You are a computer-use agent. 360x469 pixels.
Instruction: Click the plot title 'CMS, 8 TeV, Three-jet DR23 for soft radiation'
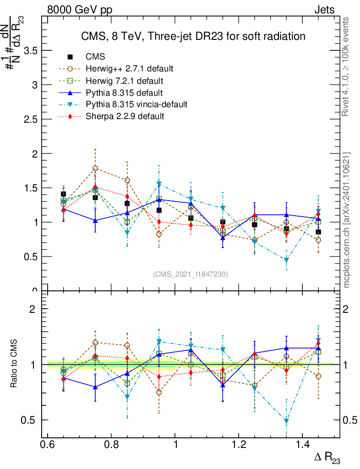tap(193, 36)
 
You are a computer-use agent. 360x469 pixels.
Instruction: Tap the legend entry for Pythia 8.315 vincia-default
tap(136, 104)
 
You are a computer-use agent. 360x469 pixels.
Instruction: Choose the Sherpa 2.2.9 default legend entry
tap(125, 116)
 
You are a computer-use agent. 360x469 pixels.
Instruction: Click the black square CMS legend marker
tap(70, 57)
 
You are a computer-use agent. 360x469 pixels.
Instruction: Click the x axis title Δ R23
tap(327, 458)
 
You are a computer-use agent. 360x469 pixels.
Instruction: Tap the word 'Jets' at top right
tap(324, 10)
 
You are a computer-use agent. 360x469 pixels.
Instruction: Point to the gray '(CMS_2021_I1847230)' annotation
tap(191, 274)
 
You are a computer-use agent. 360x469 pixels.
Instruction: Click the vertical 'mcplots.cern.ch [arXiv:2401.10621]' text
tap(347, 220)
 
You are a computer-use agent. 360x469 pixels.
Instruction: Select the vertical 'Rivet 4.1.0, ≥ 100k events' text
tap(346, 66)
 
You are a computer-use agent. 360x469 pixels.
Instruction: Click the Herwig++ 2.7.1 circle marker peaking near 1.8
tap(95, 169)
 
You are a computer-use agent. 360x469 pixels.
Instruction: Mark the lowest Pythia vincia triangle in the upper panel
tap(286, 261)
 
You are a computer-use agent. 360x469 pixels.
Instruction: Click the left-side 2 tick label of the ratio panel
tap(33, 309)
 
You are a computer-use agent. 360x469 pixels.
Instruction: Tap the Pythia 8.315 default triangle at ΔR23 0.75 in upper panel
tap(95, 220)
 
